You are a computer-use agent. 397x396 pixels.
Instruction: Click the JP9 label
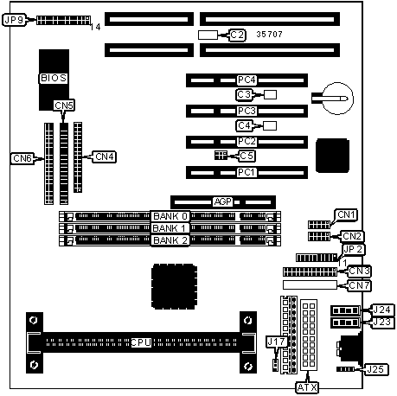[15, 20]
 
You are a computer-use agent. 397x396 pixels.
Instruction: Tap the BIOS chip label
[54, 78]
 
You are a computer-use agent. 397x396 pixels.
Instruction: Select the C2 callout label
[237, 35]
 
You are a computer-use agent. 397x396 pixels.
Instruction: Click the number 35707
[269, 35]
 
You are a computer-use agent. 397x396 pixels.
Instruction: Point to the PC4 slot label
[247, 80]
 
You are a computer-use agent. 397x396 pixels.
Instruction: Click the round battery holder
[337, 99]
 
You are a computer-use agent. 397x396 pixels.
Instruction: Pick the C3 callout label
[244, 94]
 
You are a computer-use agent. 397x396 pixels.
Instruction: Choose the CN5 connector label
[64, 105]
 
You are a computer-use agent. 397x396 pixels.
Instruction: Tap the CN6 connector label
[22, 158]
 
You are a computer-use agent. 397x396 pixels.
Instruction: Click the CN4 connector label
[105, 156]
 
